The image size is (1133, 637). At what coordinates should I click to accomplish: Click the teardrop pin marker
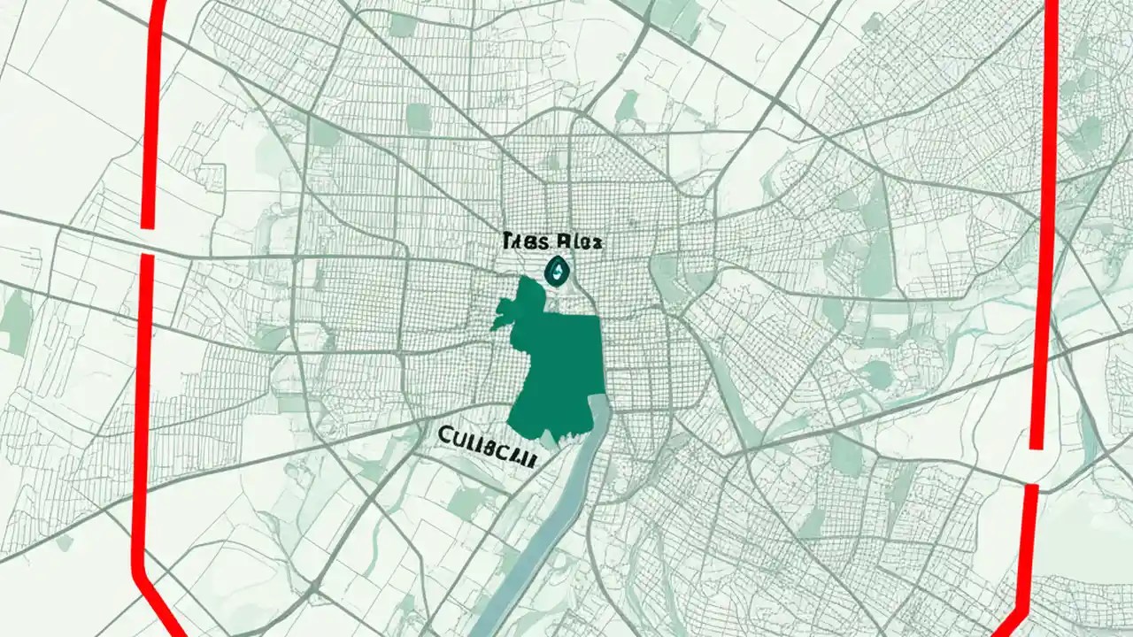[558, 271]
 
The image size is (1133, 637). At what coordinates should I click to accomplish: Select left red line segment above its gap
[151, 115]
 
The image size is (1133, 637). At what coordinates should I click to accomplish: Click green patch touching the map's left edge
[15, 323]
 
